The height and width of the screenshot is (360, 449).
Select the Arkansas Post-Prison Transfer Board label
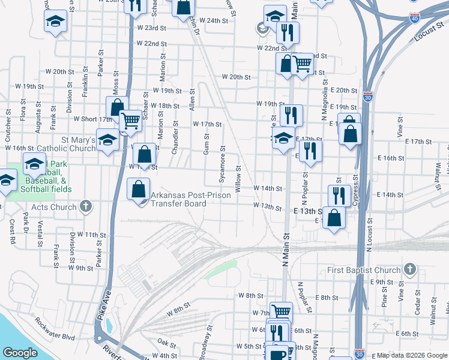coord(178,199)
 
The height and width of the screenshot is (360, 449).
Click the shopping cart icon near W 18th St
coord(130,121)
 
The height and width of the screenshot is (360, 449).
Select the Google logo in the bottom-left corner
coord(20,353)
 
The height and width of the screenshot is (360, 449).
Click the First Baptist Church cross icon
coord(410,269)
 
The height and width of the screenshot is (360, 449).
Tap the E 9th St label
coord(382,282)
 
